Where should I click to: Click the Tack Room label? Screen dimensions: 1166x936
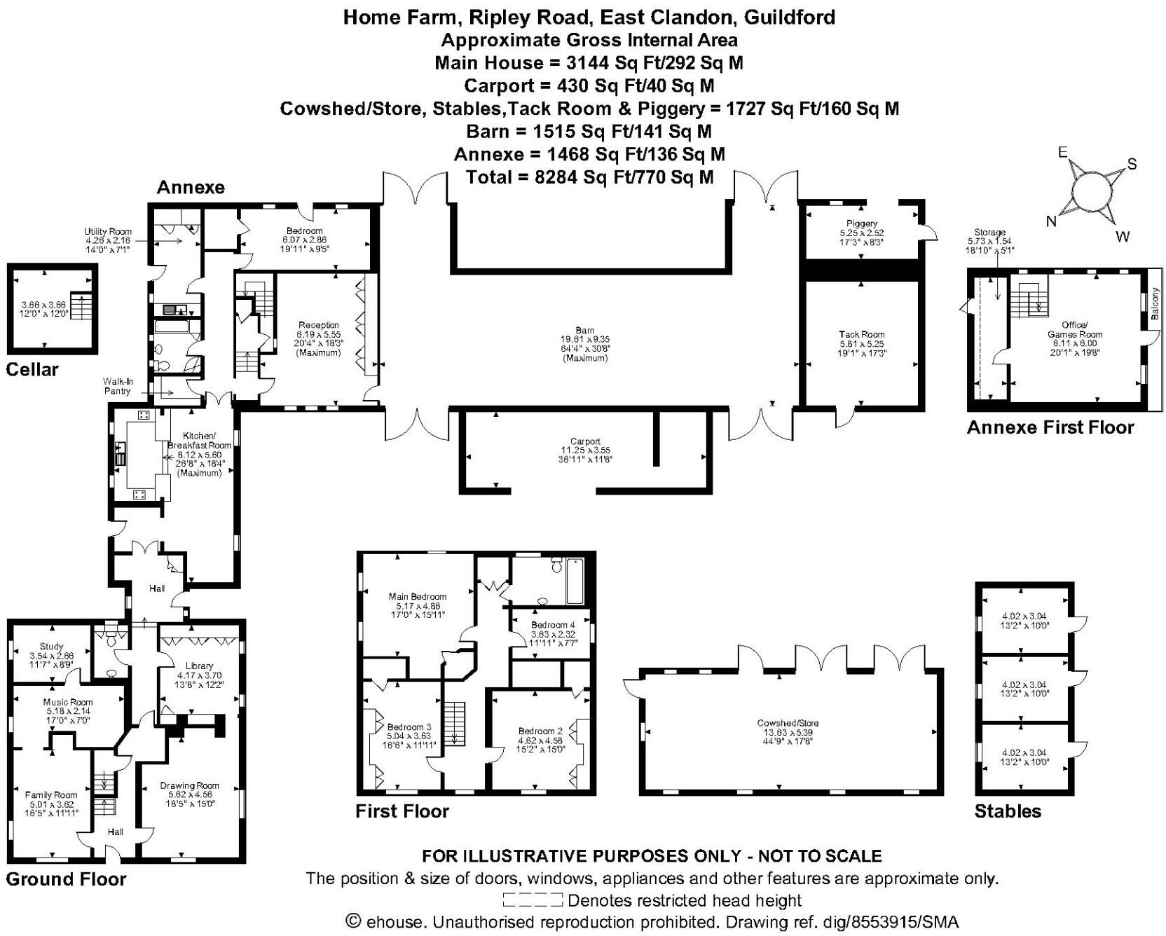[x=862, y=335]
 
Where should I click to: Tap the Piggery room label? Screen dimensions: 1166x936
[x=861, y=223]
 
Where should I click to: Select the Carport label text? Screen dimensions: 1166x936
[x=585, y=442]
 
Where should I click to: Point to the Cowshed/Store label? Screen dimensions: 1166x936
[x=788, y=723]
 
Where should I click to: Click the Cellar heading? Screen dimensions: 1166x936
[x=32, y=370]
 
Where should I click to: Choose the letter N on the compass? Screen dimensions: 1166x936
[x=1051, y=221]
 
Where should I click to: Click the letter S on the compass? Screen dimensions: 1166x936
[x=1132, y=165]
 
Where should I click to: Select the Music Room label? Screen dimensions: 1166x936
[x=68, y=702]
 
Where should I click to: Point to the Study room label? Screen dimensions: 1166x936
[x=52, y=646]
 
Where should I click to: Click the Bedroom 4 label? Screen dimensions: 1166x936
[x=553, y=625]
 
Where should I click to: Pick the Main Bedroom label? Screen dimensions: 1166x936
[x=418, y=597]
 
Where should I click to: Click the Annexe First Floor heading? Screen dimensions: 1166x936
[x=1050, y=427]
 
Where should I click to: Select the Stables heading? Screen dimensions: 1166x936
[x=1008, y=811]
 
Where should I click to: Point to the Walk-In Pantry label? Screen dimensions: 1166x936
[x=118, y=387]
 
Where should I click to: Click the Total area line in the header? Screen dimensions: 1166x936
[x=590, y=177]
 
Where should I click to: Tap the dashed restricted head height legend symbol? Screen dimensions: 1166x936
[x=533, y=900]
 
